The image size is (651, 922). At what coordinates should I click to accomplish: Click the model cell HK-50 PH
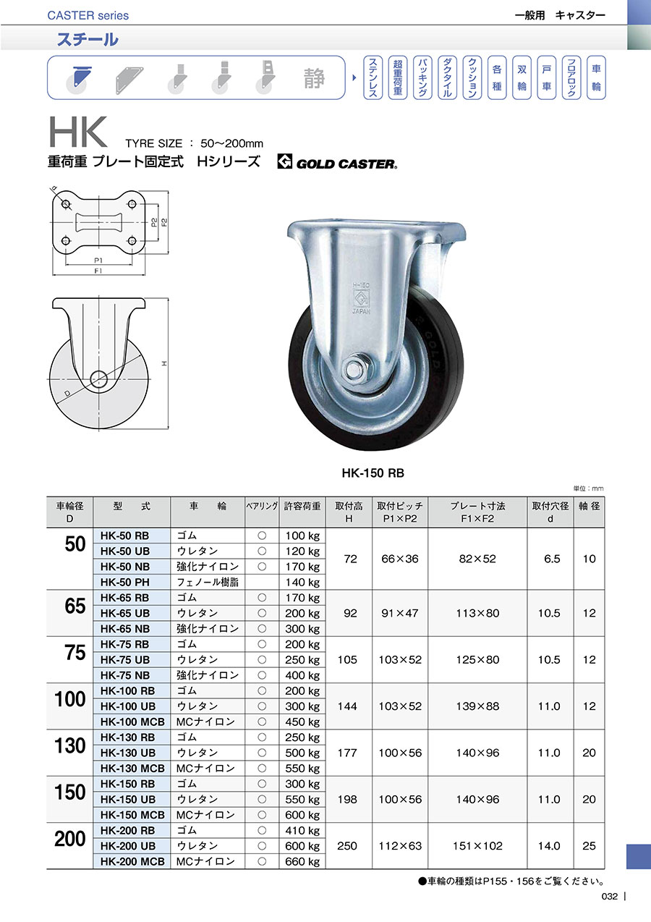tap(124, 582)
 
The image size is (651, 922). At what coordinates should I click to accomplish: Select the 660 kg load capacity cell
tap(302, 861)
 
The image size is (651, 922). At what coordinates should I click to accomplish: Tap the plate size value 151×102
tap(477, 845)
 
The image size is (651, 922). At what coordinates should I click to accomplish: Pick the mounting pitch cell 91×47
tap(399, 613)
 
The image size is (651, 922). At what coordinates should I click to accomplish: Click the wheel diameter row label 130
tap(70, 745)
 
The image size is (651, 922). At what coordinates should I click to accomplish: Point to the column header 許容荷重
tap(302, 506)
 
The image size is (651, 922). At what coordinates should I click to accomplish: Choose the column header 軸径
tap(589, 506)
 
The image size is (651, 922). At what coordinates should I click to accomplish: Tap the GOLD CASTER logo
tap(337, 162)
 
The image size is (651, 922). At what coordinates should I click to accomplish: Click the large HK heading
tap(78, 132)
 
